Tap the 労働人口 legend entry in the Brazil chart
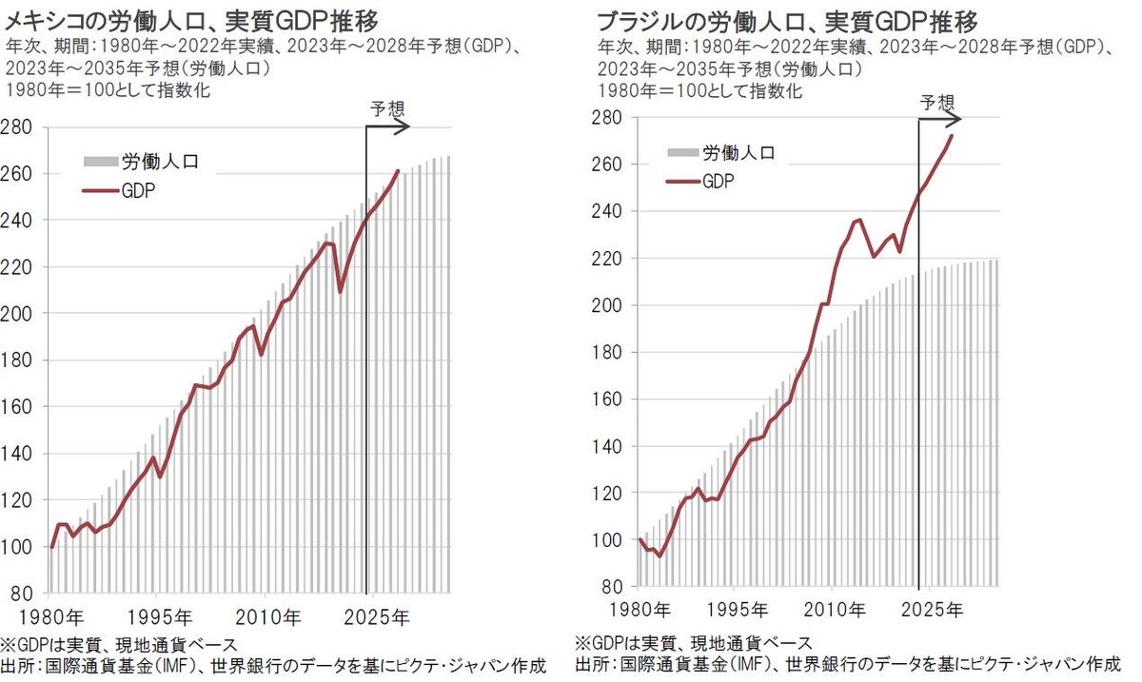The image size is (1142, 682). click(x=738, y=152)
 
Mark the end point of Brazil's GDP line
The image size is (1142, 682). click(x=953, y=135)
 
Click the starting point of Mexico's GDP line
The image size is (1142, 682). click(x=51, y=547)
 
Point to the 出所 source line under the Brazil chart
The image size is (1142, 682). click(x=847, y=663)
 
